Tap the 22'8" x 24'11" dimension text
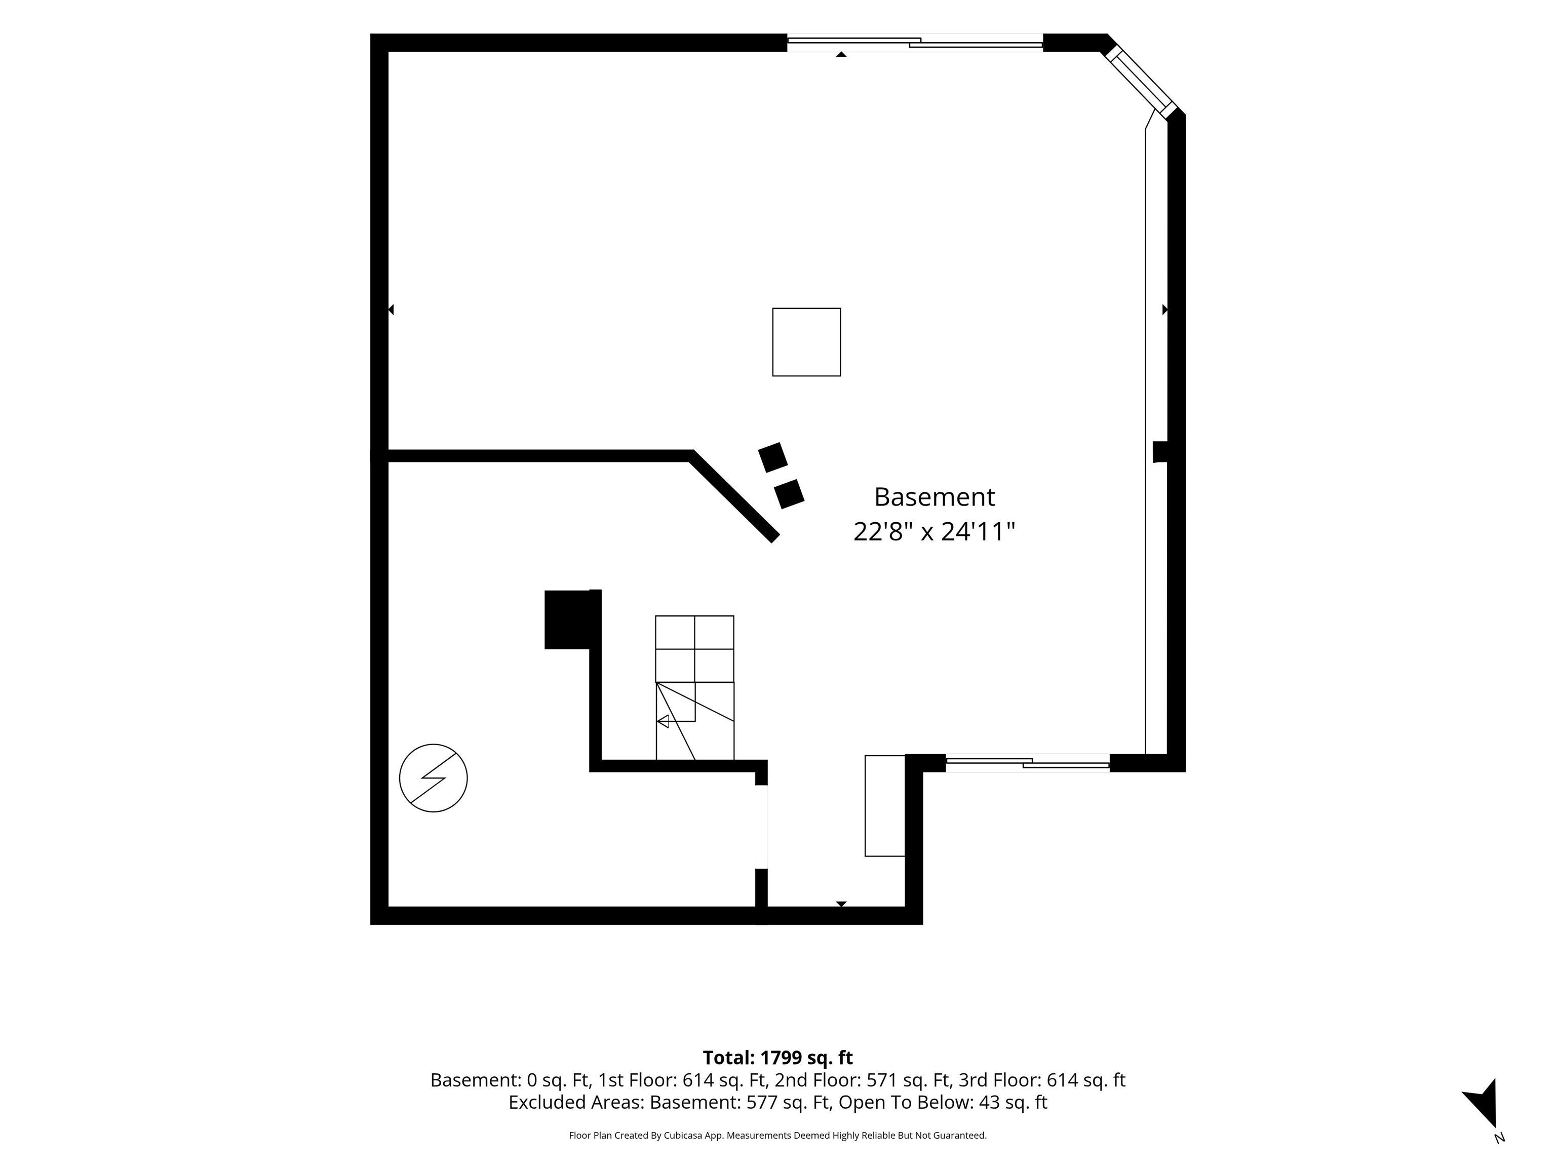pos(934,532)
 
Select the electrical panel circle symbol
pos(433,778)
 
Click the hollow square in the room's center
pos(807,342)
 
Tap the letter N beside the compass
pos(1499,1138)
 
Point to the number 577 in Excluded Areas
pos(760,1102)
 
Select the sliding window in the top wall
pos(914,43)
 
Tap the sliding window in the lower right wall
pos(1027,763)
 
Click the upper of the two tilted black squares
pos(773,457)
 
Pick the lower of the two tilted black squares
pos(789,494)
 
